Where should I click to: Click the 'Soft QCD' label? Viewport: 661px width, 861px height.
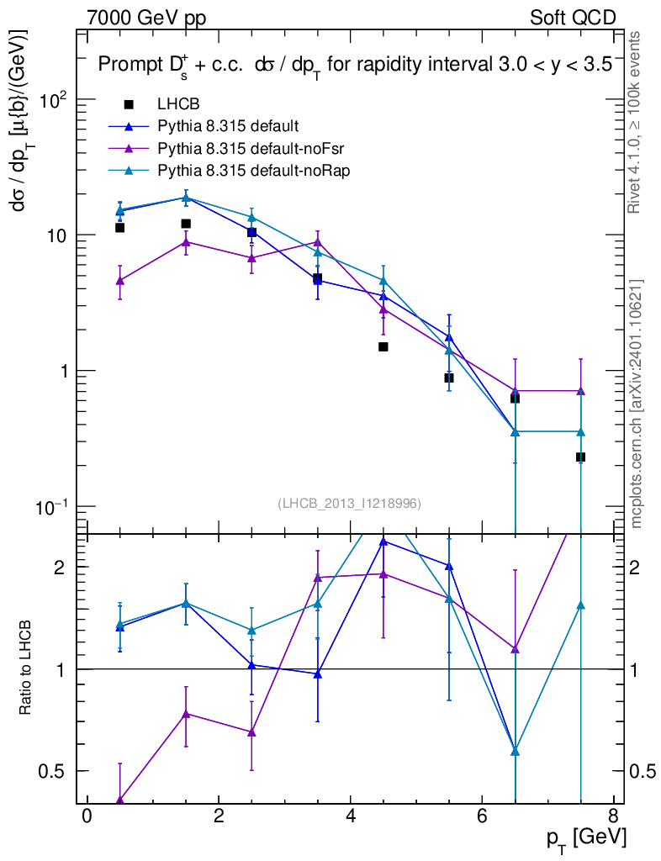point(573,18)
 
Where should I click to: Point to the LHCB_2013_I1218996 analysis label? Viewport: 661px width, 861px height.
point(349,503)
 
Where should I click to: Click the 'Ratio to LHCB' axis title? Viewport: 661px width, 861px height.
point(26,668)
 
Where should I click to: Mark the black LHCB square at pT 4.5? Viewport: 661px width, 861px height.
point(383,346)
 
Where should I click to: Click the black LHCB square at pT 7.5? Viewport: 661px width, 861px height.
point(580,457)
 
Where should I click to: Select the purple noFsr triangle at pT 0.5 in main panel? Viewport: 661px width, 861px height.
point(120,281)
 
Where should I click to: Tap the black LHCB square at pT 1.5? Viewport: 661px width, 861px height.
point(186,224)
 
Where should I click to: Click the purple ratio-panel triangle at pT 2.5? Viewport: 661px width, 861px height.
point(251,732)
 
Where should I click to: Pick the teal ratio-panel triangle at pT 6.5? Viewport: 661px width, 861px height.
point(515,751)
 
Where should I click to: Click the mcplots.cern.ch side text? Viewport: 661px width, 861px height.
point(637,404)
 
